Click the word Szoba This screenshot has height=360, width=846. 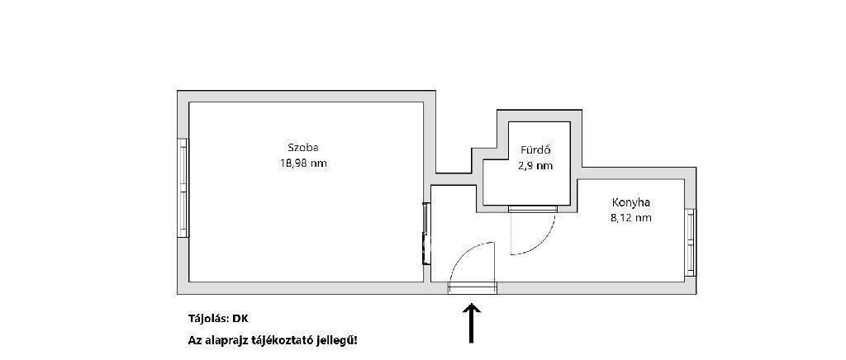302,148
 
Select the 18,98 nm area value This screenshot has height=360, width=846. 302,163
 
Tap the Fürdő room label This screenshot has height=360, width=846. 535,150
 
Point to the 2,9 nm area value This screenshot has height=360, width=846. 535,166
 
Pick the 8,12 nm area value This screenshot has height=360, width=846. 630,218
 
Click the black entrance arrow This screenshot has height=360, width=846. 472,323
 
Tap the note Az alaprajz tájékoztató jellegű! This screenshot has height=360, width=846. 273,341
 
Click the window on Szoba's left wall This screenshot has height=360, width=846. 183,187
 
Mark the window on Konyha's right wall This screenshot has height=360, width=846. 690,243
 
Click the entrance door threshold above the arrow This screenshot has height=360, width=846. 472,288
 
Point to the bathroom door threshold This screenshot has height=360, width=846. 533,209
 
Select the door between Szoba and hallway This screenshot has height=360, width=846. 425,233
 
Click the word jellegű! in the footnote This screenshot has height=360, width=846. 339,341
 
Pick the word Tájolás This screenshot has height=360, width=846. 208,319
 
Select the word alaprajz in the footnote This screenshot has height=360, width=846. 222,341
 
